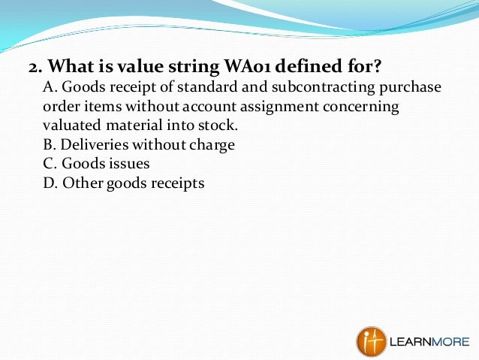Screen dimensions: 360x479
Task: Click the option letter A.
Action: click(x=49, y=87)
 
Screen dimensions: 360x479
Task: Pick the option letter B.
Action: click(x=49, y=144)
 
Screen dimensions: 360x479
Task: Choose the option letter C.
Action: click(x=49, y=163)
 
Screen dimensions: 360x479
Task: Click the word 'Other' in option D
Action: click(x=82, y=183)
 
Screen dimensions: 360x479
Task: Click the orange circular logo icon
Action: click(x=371, y=340)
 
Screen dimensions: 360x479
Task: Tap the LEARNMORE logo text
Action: click(x=429, y=342)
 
